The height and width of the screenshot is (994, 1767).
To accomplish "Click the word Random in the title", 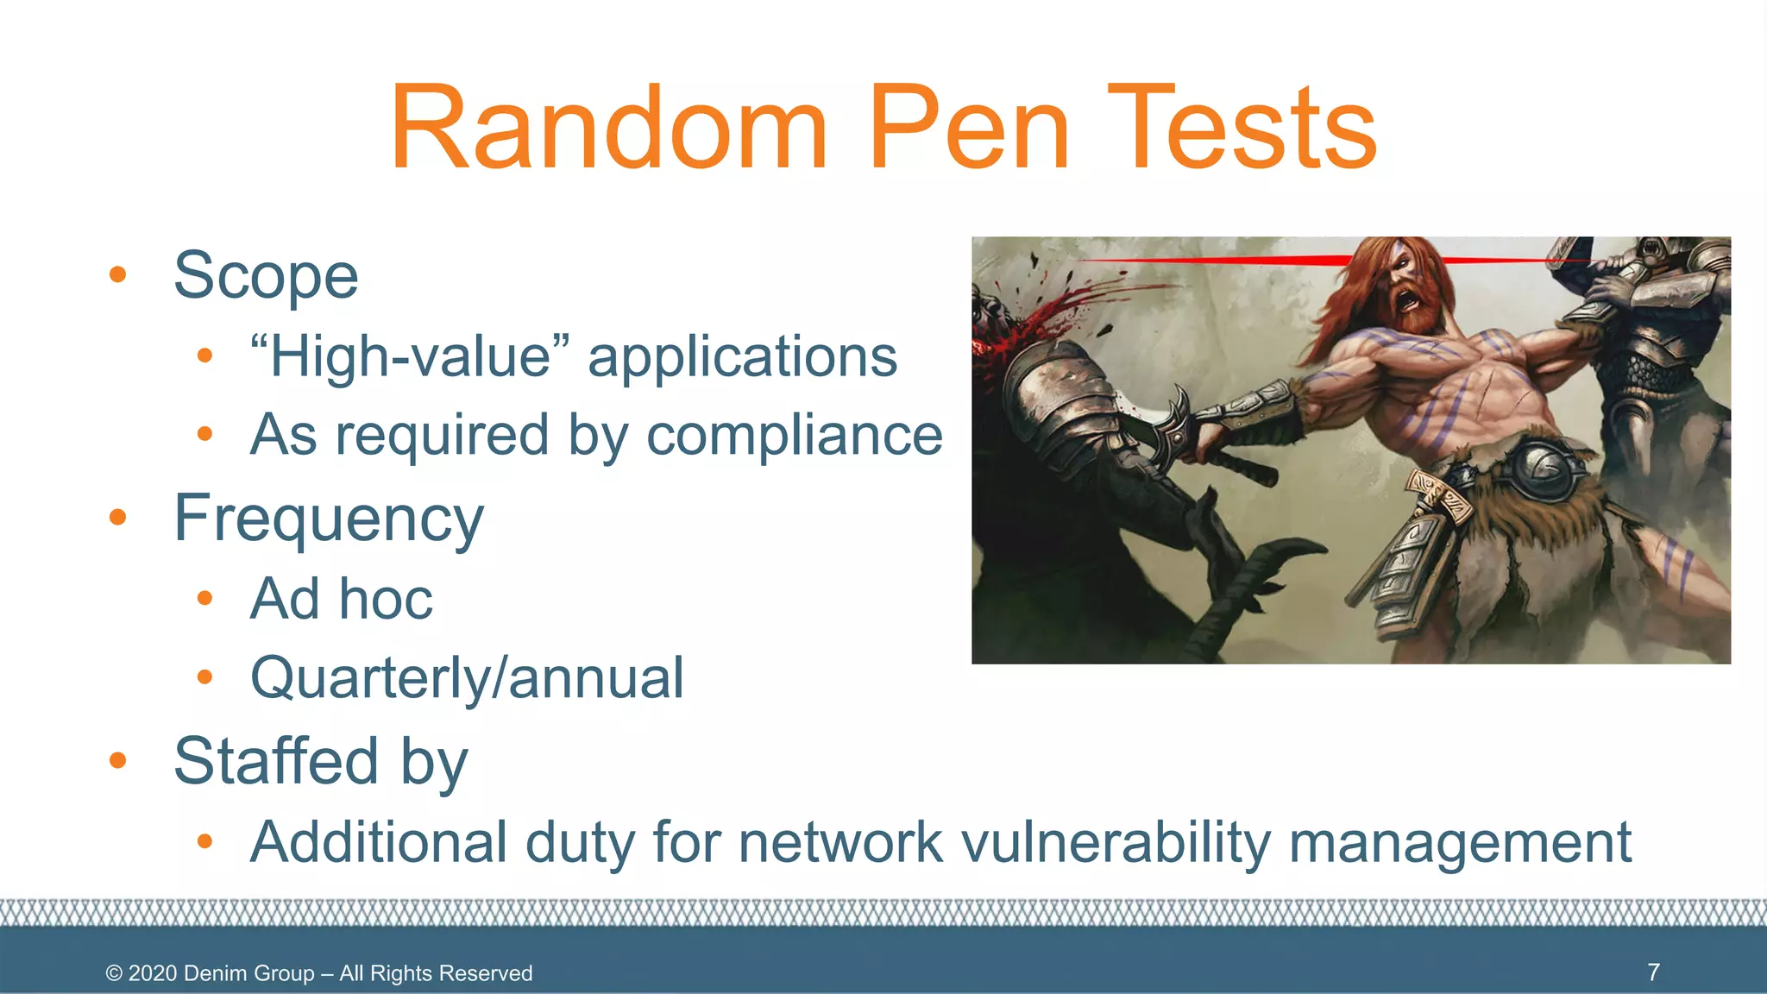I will (608, 129).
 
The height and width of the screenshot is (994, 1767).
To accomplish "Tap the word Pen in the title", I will (968, 129).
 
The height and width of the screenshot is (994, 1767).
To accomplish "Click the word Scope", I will (266, 276).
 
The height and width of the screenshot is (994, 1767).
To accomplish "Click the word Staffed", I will (276, 761).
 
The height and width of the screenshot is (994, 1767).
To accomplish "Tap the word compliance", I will (795, 435).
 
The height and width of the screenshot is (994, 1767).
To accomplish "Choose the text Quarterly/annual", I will (467, 678).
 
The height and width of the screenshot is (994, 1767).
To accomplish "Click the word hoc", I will (386, 599).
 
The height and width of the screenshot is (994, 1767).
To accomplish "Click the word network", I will (841, 842).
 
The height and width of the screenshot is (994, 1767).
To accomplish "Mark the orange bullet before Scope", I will (118, 275).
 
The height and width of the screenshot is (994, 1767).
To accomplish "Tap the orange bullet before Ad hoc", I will (204, 598).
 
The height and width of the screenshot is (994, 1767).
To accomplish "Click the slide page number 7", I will (1653, 972).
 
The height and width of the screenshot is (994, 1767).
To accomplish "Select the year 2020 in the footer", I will (153, 973).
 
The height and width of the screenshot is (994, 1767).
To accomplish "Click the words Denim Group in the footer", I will (248, 973).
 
